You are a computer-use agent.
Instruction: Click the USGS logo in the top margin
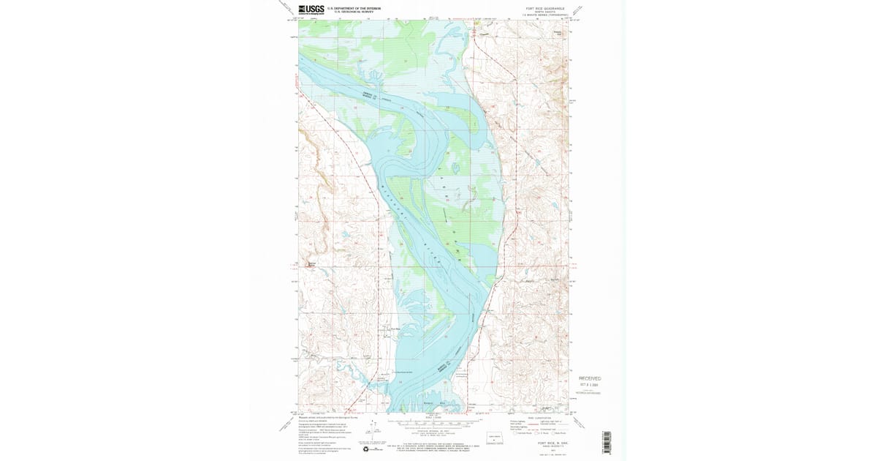point(311,10)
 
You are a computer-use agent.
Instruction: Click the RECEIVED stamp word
point(590,378)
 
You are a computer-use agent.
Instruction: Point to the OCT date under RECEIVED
point(589,385)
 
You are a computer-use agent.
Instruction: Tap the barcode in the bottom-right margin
point(606,442)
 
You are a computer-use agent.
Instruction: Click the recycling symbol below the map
point(367,449)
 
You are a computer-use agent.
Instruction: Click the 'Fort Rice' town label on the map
point(395,329)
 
